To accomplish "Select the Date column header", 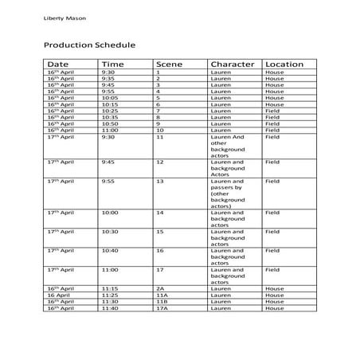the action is (57, 64).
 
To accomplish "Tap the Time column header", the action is (113, 64).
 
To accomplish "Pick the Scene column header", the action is (169, 64).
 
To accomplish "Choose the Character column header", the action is (233, 64).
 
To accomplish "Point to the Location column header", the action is (284, 64).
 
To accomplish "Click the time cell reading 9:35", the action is (108, 79).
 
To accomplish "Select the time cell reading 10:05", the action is (110, 98).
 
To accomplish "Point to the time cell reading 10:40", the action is (110, 250).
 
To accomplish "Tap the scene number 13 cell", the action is (160, 182).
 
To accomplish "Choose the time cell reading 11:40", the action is (110, 307).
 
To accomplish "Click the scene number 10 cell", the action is (160, 130).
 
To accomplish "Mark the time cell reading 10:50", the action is (110, 123).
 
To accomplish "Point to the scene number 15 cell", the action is (160, 231).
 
